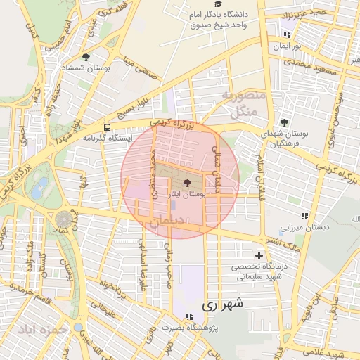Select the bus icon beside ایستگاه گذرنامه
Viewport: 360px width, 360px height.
[107, 127]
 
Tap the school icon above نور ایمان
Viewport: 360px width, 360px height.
[286, 33]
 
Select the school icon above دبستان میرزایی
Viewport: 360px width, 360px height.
[304, 216]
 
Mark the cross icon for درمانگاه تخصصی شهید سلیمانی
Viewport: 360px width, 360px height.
[259, 255]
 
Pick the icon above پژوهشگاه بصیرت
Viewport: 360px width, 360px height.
[189, 316]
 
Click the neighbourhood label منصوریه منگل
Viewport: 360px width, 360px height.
[242, 103]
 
